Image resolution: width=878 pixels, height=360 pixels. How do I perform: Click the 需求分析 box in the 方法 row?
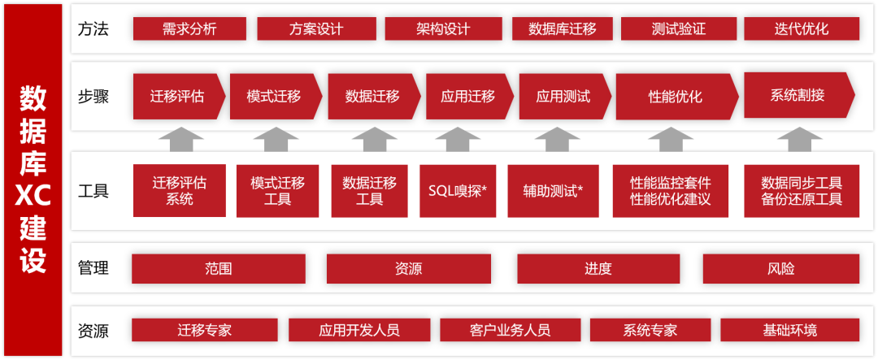189,29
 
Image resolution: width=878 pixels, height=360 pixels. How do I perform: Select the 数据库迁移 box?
563,29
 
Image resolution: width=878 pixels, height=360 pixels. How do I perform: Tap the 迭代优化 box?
802,29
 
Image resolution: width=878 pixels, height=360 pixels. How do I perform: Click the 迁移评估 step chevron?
177,97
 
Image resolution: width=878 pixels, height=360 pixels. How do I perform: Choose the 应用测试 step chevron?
563,97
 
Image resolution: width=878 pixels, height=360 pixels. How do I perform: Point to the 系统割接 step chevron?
798,95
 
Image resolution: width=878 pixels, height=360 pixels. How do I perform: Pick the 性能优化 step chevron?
676,97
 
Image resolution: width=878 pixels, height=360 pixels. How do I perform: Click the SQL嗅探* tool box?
457,192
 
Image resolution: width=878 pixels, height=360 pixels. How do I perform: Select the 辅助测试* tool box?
553,192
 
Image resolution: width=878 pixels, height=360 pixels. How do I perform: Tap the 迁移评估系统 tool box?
180,191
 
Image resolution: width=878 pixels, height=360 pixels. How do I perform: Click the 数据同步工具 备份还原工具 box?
802,191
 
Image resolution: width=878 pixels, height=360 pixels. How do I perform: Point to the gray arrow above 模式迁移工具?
276,140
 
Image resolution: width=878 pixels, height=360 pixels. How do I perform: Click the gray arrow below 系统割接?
800,140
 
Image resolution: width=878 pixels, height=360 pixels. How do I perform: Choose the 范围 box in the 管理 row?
219,269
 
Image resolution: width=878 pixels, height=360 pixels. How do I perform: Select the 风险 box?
780,269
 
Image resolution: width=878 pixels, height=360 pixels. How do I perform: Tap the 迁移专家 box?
205,330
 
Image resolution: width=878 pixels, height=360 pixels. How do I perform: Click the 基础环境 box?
789,330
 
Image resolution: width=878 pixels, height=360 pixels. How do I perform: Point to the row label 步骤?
93,97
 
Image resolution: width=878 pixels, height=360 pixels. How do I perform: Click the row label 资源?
93,331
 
